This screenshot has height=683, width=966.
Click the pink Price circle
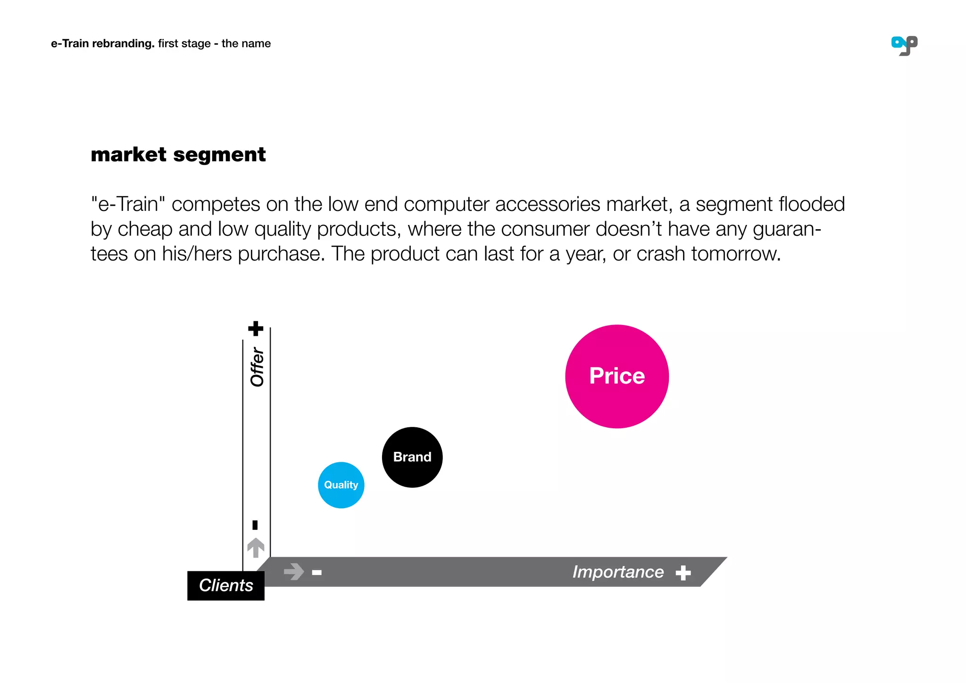pyautogui.click(x=617, y=376)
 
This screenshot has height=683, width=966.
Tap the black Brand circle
pyautogui.click(x=412, y=457)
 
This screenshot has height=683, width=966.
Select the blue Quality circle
pyautogui.click(x=341, y=485)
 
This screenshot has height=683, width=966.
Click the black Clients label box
pyautogui.click(x=226, y=585)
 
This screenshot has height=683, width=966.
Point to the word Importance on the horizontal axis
pyautogui.click(x=618, y=572)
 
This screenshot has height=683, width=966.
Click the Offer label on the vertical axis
pyautogui.click(x=257, y=367)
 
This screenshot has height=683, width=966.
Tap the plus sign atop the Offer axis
pyautogui.click(x=256, y=328)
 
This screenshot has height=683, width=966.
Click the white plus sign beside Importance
pyautogui.click(x=683, y=573)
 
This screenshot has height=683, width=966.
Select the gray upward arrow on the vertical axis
pyautogui.click(x=256, y=548)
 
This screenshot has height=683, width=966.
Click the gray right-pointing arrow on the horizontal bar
pyautogui.click(x=294, y=572)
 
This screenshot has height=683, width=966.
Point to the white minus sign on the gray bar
pyautogui.click(x=317, y=573)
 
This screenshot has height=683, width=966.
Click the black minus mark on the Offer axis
pyautogui.click(x=255, y=525)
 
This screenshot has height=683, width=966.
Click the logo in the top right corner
pyautogui.click(x=904, y=46)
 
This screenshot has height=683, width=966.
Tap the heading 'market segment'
pyautogui.click(x=178, y=155)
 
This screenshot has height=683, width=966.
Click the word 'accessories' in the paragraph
pyautogui.click(x=547, y=205)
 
